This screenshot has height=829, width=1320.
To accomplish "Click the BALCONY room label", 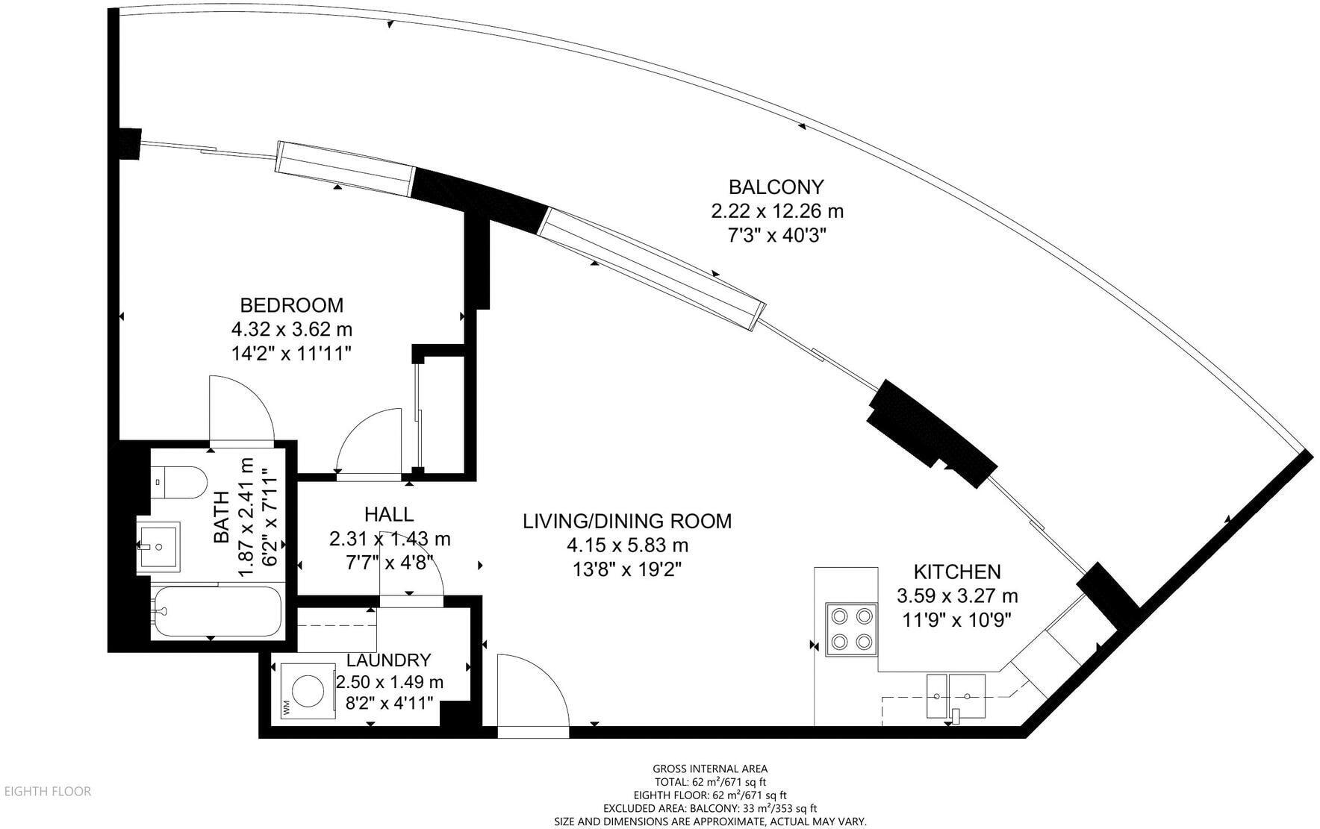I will pyautogui.click(x=776, y=187).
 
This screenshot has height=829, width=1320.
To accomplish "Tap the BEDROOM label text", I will pyautogui.click(x=291, y=305).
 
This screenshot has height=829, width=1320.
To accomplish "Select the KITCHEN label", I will pyautogui.click(x=957, y=572).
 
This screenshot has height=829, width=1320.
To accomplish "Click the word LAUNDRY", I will pyautogui.click(x=389, y=660).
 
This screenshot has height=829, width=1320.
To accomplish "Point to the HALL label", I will pyautogui.click(x=389, y=514).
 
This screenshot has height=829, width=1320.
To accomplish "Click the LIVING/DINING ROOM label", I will pyautogui.click(x=627, y=521).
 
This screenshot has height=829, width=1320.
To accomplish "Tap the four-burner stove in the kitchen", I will pyautogui.click(x=851, y=628).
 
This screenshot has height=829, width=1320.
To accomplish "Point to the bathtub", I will pyautogui.click(x=217, y=612).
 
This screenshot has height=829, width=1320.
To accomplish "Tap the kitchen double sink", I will pyautogui.click(x=956, y=695).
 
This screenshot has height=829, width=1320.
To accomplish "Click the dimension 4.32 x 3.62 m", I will pyautogui.click(x=291, y=329).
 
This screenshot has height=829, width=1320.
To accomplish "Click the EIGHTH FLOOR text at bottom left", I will pyautogui.click(x=48, y=792).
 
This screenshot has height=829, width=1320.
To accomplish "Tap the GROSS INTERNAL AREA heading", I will pyautogui.click(x=709, y=769).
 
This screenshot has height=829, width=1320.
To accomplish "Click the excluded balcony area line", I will pyautogui.click(x=709, y=808).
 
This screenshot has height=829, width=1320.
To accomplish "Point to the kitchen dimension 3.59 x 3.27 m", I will pyautogui.click(x=957, y=596).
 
